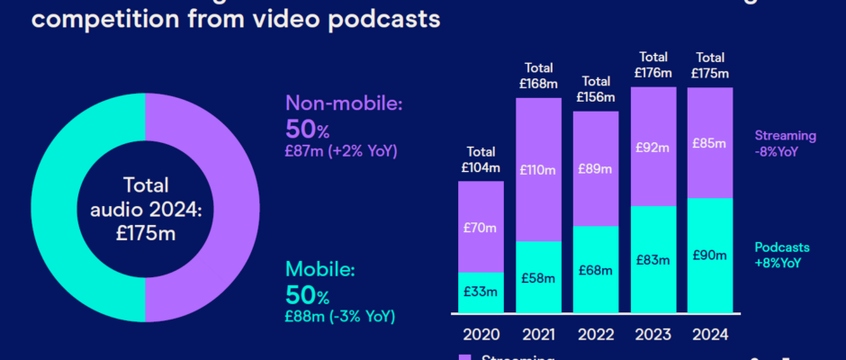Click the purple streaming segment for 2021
click(539, 169)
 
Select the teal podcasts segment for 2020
click(481, 292)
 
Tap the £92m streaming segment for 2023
click(652, 147)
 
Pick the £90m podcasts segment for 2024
click(710, 255)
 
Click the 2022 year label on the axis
click(596, 335)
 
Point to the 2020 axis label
click(481, 335)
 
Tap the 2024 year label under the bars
click(710, 335)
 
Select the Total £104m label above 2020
click(481, 159)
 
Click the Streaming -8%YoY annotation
click(785, 144)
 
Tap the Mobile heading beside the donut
click(320, 269)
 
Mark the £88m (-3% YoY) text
click(341, 316)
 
